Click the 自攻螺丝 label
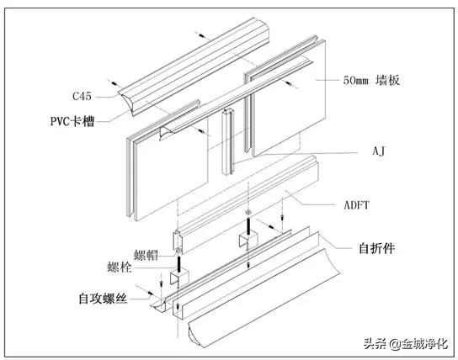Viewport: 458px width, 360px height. [x=97, y=298]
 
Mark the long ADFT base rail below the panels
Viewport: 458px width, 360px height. [x=253, y=202]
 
